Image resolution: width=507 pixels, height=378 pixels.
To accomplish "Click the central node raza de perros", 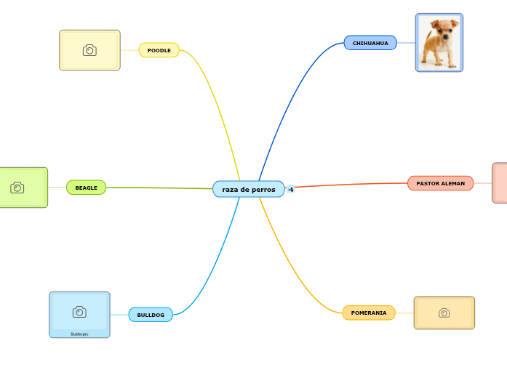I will pyautogui.click(x=249, y=189).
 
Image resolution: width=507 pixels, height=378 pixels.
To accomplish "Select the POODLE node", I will pyautogui.click(x=159, y=50).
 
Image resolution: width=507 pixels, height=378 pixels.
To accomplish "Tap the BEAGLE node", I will pyautogui.click(x=86, y=188).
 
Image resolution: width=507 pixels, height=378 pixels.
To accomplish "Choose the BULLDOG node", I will pyautogui.click(x=151, y=315).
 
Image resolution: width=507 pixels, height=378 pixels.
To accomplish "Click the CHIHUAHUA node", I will pyautogui.click(x=370, y=43).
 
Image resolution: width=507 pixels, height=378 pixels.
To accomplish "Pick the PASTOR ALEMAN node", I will pyautogui.click(x=440, y=183).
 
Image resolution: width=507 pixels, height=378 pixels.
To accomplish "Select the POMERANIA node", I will pyautogui.click(x=369, y=313).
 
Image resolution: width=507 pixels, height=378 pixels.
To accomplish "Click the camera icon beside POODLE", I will pyautogui.click(x=89, y=50).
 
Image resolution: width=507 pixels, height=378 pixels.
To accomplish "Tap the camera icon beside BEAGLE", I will pyautogui.click(x=17, y=188).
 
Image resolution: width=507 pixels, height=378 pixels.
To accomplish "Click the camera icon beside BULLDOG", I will pyautogui.click(x=79, y=312).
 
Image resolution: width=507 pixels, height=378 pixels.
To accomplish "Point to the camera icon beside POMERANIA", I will pyautogui.click(x=444, y=313).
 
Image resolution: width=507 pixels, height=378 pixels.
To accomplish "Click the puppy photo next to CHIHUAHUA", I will pyautogui.click(x=439, y=43).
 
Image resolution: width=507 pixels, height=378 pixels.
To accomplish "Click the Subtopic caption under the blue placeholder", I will pyautogui.click(x=79, y=334).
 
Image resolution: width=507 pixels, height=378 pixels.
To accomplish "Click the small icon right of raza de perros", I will pyautogui.click(x=291, y=189).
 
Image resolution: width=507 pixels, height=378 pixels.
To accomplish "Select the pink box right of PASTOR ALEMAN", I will pyautogui.click(x=500, y=182).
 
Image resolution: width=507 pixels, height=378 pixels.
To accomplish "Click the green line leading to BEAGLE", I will pyautogui.click(x=160, y=188).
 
